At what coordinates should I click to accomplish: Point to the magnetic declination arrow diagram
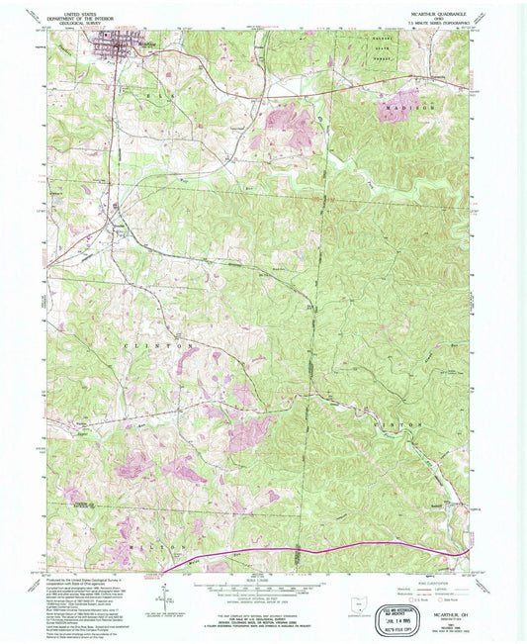[x=162, y=597]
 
